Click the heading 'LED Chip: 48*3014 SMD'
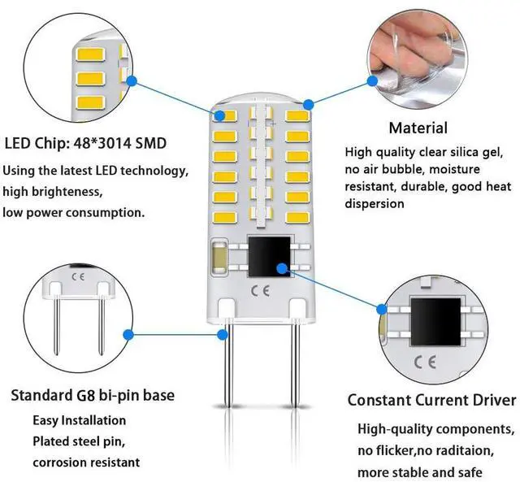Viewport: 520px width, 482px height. coord(85,144)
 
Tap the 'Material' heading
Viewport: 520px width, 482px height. coord(418,128)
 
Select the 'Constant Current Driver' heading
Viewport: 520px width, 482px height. coord(431,400)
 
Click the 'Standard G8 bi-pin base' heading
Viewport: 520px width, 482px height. coord(92,396)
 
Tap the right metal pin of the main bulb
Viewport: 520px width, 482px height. coord(289,382)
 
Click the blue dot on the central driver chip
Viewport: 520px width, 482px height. coord(280,266)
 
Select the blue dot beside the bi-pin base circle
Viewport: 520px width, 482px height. coord(128,333)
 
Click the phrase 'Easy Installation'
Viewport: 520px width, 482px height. coord(80,421)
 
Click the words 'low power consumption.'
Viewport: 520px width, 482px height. coord(75,212)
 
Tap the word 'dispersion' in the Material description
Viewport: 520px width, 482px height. coord(374,204)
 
